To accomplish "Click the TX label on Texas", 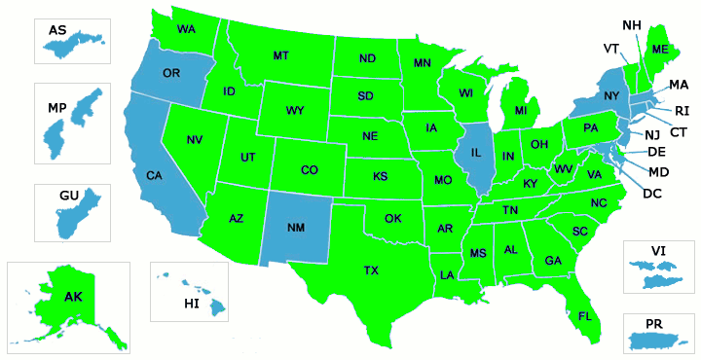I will pyautogui.click(x=371, y=270).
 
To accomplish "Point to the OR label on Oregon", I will pyautogui.click(x=171, y=73).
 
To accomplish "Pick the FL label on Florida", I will pyautogui.click(x=585, y=316).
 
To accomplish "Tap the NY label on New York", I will pyautogui.click(x=611, y=95).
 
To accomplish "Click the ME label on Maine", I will pyautogui.click(x=660, y=50).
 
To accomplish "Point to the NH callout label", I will pyautogui.click(x=631, y=24).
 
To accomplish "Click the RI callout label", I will pyautogui.click(x=682, y=111).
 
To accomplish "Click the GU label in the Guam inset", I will pyautogui.click(x=68, y=197).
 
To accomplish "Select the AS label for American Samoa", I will pyautogui.click(x=57, y=31).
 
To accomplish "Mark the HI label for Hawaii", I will pyautogui.click(x=192, y=305).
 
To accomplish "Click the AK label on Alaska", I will pyautogui.click(x=73, y=297).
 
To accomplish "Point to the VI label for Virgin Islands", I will pyautogui.click(x=659, y=251).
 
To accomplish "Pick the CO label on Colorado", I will pyautogui.click(x=309, y=170).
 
